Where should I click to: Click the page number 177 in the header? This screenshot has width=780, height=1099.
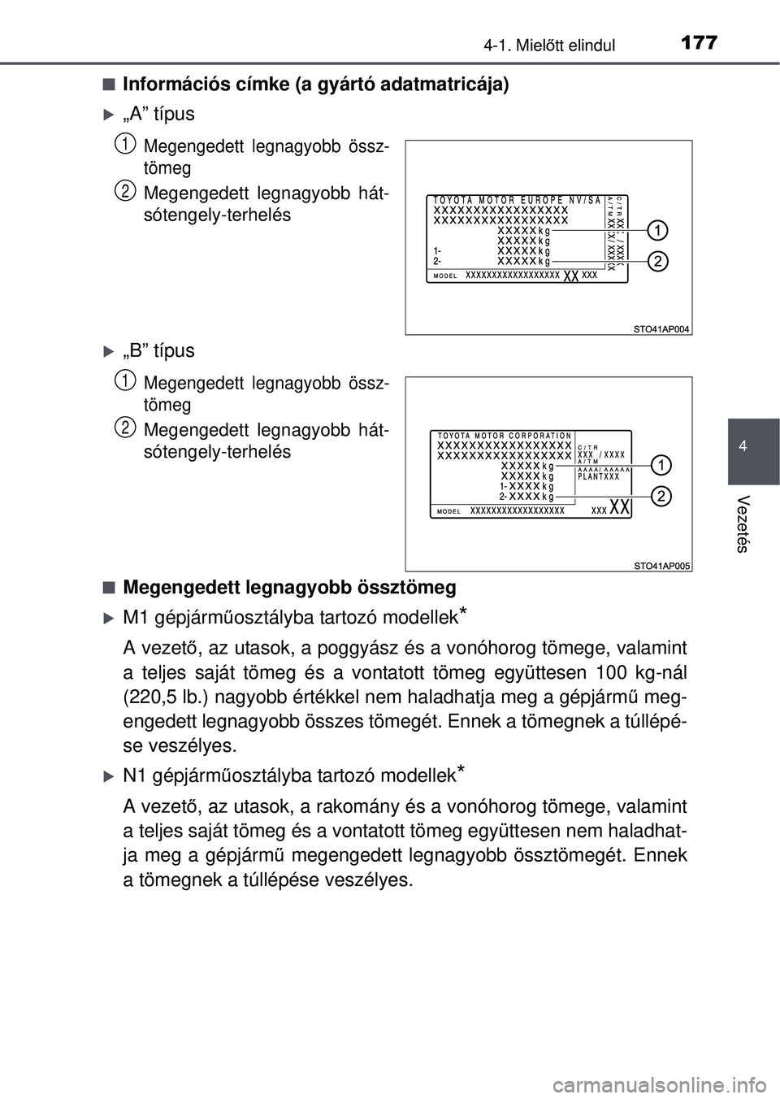click(699, 41)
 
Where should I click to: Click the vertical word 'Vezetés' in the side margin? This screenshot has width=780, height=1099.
click(742, 523)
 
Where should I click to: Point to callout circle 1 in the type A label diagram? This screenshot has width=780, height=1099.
click(658, 231)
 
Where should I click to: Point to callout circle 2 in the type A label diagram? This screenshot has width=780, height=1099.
click(658, 261)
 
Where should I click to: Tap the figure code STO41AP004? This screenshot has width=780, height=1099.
click(661, 329)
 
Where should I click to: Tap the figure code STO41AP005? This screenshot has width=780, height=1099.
click(661, 566)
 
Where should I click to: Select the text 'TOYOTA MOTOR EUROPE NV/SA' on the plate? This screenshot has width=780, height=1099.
click(517, 200)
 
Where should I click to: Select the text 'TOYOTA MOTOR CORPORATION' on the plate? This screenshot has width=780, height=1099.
click(505, 437)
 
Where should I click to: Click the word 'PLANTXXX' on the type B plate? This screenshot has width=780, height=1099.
click(598, 477)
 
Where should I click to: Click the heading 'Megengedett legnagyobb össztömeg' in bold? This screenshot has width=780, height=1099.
click(289, 587)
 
